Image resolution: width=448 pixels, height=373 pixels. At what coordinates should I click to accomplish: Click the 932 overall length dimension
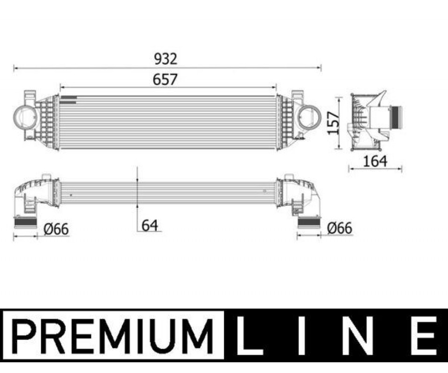click(166, 59)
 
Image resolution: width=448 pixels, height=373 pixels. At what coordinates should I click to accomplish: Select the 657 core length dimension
click(165, 79)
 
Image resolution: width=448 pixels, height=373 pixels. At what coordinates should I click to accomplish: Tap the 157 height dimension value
click(333, 123)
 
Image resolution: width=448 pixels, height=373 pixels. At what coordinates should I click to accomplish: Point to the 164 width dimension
click(375, 161)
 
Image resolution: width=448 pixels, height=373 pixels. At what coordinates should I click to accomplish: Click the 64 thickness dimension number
click(150, 226)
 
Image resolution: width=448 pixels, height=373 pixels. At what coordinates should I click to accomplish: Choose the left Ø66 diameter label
click(56, 229)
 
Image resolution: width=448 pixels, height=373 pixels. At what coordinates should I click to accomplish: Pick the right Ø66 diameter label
click(340, 228)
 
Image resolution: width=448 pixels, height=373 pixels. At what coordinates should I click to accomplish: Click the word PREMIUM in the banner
click(113, 336)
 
